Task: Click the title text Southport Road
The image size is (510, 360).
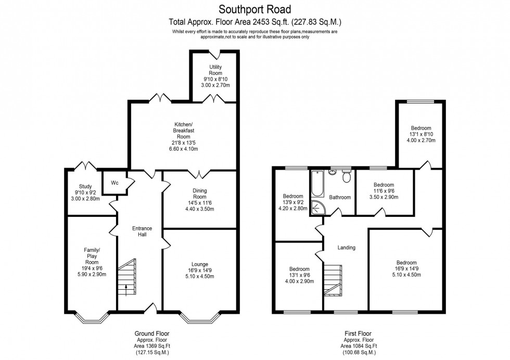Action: pyautogui.click(x=254, y=9)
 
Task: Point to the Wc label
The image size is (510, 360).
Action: pyautogui.click(x=114, y=183)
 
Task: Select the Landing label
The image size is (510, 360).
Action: pyautogui.click(x=346, y=248)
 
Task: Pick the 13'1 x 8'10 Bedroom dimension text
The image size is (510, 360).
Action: pyautogui.click(x=421, y=134)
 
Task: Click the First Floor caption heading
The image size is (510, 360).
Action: pyautogui.click(x=358, y=333)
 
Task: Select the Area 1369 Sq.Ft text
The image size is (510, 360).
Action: pyautogui.click(x=151, y=346)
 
